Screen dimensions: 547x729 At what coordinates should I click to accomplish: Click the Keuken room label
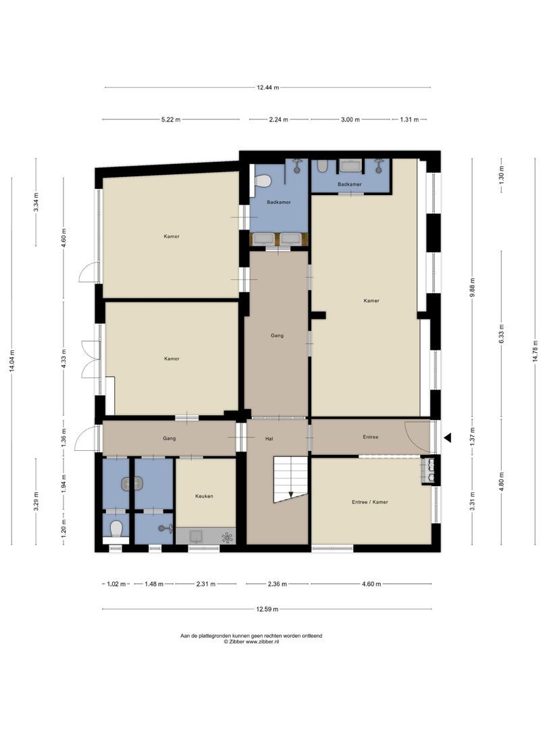(204, 496)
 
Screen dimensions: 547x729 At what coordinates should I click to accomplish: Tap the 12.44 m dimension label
(268, 87)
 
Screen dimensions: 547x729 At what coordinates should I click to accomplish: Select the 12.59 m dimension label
(267, 609)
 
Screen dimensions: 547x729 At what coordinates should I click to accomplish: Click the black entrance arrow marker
(448, 437)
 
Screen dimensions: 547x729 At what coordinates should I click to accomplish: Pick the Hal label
(269, 439)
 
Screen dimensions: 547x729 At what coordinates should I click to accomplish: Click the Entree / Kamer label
(370, 502)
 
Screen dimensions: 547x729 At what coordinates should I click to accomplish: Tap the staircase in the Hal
(290, 479)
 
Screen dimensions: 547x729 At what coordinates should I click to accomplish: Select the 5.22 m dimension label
(171, 119)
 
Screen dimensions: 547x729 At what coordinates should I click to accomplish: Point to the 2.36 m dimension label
(278, 584)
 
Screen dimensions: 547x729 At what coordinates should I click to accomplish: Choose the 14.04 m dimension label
(12, 360)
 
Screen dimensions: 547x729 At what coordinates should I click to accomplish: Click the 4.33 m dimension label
(63, 358)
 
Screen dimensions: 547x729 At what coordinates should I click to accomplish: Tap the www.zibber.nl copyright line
(251, 641)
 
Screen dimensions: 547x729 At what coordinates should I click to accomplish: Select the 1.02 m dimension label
(116, 584)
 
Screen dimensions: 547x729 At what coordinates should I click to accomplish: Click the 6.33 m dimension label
(501, 334)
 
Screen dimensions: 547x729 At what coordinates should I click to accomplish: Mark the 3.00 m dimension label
(350, 119)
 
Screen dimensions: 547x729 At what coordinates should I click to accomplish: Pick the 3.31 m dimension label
(472, 501)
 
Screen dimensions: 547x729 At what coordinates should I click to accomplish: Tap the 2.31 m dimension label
(205, 584)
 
